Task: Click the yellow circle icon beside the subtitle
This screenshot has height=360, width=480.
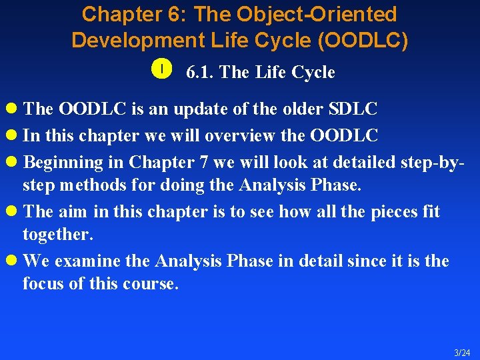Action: tap(163, 69)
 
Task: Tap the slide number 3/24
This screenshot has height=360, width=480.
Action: tap(462, 353)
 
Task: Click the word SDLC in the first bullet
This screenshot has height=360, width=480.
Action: tap(353, 109)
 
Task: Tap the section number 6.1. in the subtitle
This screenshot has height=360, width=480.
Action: tap(200, 72)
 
